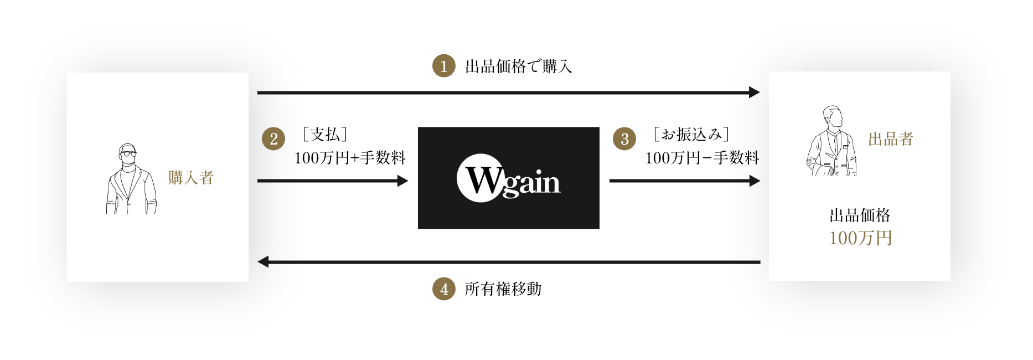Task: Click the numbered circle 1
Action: point(443,66)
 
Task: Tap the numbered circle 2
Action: point(273,138)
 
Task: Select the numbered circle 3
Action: point(624,138)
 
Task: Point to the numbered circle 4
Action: point(443,289)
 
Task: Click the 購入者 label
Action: point(191,178)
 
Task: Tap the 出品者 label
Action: point(890,139)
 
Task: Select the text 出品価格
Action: point(860,215)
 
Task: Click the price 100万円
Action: point(860,238)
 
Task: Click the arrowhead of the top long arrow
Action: point(754,92)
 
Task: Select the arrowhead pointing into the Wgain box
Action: point(402,181)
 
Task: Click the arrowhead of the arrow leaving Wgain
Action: point(755,181)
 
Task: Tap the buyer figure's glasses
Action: point(128,153)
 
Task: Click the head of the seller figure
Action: point(833,117)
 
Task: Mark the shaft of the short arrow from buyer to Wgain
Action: point(327,181)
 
